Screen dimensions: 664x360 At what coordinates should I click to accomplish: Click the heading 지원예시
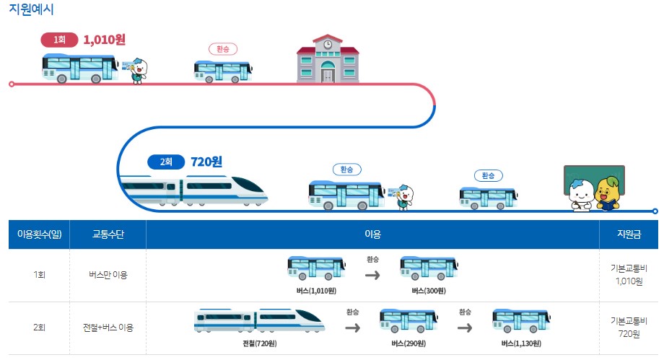[x=31, y=9]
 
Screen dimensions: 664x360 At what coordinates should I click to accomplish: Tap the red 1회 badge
[x=59, y=40]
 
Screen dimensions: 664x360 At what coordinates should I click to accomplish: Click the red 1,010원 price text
[x=104, y=40]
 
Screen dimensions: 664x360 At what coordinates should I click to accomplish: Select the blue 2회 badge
[x=166, y=162]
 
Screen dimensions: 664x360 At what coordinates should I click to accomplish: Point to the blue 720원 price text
[x=206, y=162]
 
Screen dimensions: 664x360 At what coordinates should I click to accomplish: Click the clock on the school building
[x=328, y=45]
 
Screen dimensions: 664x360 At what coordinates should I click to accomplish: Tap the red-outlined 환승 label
[x=223, y=49]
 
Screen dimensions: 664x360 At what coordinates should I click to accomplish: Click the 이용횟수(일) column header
[x=40, y=234]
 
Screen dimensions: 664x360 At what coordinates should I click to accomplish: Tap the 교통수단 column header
[x=108, y=234]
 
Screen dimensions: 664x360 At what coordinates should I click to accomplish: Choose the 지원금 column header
[x=629, y=234]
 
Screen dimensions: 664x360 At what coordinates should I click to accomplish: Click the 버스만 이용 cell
[x=108, y=275]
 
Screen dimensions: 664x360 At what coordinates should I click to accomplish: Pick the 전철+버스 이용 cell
[x=108, y=328]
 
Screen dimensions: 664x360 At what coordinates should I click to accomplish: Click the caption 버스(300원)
[x=429, y=291]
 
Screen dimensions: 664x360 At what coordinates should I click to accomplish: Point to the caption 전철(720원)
[x=260, y=343]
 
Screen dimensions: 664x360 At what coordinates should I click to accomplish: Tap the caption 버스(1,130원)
[x=521, y=343]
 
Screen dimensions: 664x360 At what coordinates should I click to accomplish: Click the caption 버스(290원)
[x=409, y=343]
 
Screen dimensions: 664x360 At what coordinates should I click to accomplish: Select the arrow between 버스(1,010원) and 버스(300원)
[x=372, y=276]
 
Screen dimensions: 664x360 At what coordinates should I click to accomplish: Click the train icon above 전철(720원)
[x=260, y=320]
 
